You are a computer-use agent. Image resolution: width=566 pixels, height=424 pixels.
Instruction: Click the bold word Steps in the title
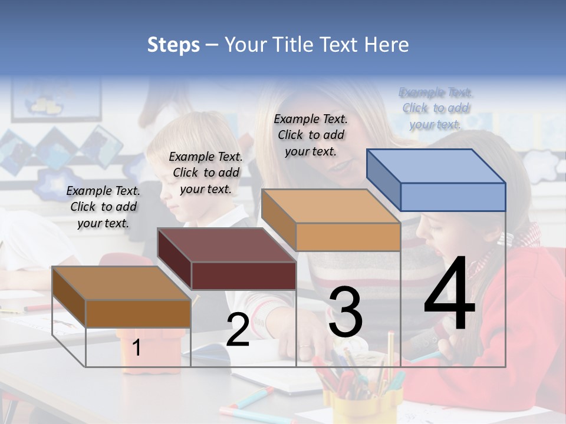tap(173, 45)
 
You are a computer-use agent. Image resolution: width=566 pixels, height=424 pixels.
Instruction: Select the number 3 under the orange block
tap(345, 312)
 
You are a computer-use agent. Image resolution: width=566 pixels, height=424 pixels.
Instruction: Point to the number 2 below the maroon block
tap(238, 330)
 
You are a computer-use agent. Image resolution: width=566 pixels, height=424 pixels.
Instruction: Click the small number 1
tap(137, 348)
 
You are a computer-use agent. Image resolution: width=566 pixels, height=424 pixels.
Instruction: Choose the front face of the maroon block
tap(244, 276)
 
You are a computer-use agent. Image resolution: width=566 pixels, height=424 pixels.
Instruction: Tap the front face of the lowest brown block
tap(139, 313)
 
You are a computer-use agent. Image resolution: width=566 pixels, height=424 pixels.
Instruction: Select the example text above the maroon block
tap(206, 173)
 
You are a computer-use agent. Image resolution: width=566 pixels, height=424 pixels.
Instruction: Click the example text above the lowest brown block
tap(103, 207)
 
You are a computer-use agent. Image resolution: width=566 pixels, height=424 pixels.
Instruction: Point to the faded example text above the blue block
tap(436, 108)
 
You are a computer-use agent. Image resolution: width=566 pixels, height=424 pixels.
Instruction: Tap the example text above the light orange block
tap(311, 135)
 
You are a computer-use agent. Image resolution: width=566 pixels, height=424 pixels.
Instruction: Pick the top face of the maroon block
tap(226, 244)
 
